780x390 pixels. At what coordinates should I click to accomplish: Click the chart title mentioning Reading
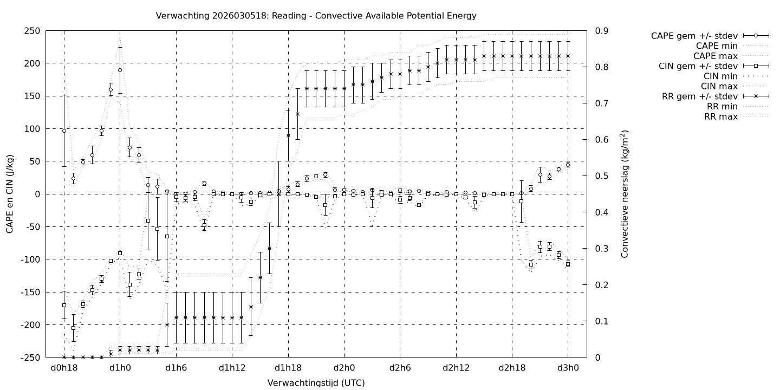316,16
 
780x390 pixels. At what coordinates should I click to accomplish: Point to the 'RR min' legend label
721,107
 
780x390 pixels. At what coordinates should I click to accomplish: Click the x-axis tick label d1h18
288,368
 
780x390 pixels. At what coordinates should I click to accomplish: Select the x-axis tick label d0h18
64,368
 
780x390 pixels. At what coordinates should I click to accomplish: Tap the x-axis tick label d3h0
568,368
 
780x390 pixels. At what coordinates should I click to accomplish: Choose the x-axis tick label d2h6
400,368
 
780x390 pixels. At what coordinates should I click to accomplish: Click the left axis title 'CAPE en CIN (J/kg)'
10,194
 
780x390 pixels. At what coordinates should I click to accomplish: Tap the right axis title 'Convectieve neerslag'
625,194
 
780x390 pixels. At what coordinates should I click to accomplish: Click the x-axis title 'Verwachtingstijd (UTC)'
316,383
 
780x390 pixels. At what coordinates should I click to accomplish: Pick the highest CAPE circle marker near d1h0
120,70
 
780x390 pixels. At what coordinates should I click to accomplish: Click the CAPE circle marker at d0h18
64,131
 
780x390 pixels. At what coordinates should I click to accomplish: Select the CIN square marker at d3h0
568,264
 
